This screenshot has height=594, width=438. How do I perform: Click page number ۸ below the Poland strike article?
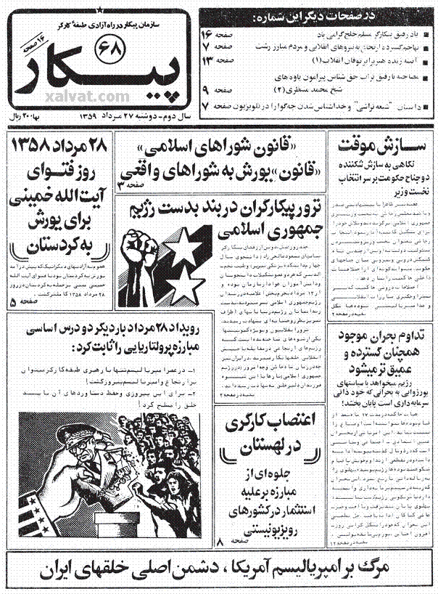220,542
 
